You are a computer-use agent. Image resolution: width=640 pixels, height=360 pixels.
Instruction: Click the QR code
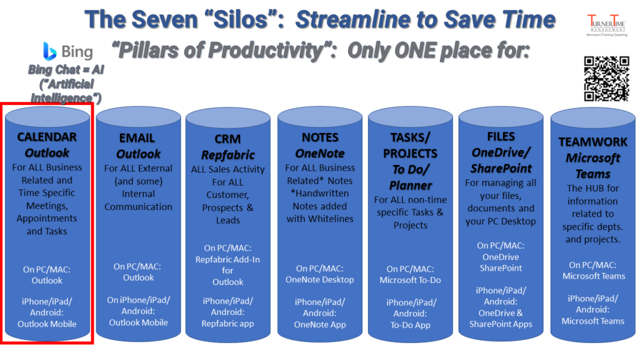[606, 78]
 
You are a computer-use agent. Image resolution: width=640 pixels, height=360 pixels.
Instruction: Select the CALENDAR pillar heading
[47, 137]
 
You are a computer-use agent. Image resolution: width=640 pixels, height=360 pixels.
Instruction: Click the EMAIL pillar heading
[138, 138]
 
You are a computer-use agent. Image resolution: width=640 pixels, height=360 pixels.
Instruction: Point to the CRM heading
[227, 139]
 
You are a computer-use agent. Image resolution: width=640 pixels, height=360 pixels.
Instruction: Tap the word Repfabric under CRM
[227, 154]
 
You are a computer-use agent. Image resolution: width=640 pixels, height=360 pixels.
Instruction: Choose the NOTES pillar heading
[320, 137]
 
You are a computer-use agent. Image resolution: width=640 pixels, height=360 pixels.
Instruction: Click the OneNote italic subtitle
[320, 152]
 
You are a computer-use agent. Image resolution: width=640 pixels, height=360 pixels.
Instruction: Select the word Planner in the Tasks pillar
[411, 185]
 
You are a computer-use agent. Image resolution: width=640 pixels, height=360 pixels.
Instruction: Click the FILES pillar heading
[501, 136]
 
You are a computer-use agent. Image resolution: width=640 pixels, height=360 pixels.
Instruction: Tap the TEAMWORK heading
[592, 142]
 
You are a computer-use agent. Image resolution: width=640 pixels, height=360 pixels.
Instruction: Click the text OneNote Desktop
[320, 279]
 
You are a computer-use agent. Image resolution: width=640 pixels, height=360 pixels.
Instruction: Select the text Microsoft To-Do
[411, 280]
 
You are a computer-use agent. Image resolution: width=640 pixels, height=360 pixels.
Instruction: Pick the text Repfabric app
[227, 323]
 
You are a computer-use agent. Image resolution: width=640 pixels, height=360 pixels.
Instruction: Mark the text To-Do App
[411, 324]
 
